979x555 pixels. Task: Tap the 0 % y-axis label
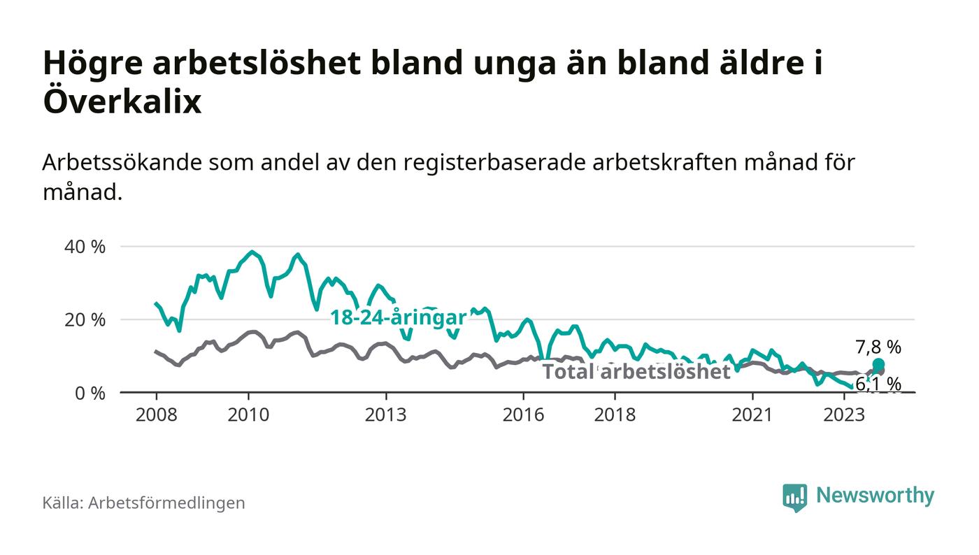tap(90, 393)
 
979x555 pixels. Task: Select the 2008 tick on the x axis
tap(156, 414)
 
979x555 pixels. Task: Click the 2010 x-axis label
tap(248, 414)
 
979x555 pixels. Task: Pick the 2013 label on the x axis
tap(385, 414)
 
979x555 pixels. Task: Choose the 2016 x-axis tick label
tap(523, 414)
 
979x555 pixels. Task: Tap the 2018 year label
tap(615, 414)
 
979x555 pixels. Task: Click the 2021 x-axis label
tap(752, 414)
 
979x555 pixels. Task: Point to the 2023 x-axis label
tap(844, 414)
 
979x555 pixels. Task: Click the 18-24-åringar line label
tap(398, 317)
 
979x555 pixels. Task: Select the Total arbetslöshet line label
tap(636, 372)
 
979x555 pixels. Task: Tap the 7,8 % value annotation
tap(878, 347)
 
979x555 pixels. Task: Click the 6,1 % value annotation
tap(878, 384)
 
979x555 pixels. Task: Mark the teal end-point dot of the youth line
tap(878, 364)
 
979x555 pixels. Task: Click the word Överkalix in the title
tap(122, 103)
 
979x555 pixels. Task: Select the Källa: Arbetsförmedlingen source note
tap(144, 503)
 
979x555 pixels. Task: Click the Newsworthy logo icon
tap(794, 497)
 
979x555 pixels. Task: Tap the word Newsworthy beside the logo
tap(875, 496)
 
